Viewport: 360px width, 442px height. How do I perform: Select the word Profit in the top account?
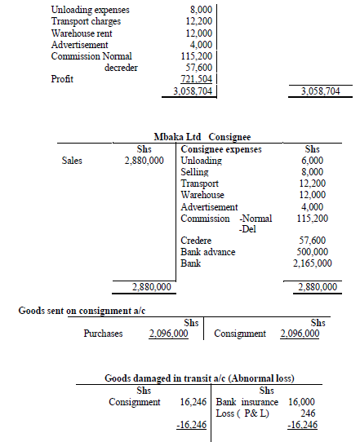click(63, 79)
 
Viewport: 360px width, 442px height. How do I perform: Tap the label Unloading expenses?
click(90, 10)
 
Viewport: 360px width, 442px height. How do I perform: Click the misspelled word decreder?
click(121, 68)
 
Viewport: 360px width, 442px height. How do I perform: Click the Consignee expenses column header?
click(220, 150)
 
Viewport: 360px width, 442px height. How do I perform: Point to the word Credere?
click(196, 241)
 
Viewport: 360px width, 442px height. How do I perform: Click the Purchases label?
click(103, 334)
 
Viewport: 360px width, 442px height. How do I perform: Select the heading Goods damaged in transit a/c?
click(200, 378)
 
